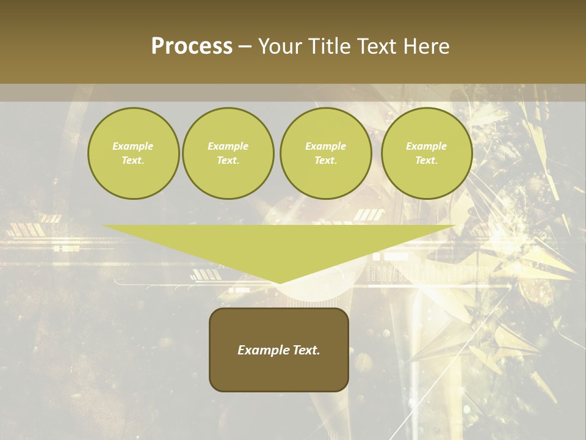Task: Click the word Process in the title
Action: click(192, 46)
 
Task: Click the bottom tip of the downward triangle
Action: click(280, 282)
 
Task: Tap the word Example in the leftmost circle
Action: click(133, 146)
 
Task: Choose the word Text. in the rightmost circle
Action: click(427, 160)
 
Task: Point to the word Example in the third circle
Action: click(326, 146)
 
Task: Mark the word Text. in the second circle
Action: click(228, 160)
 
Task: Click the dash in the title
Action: click(245, 46)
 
